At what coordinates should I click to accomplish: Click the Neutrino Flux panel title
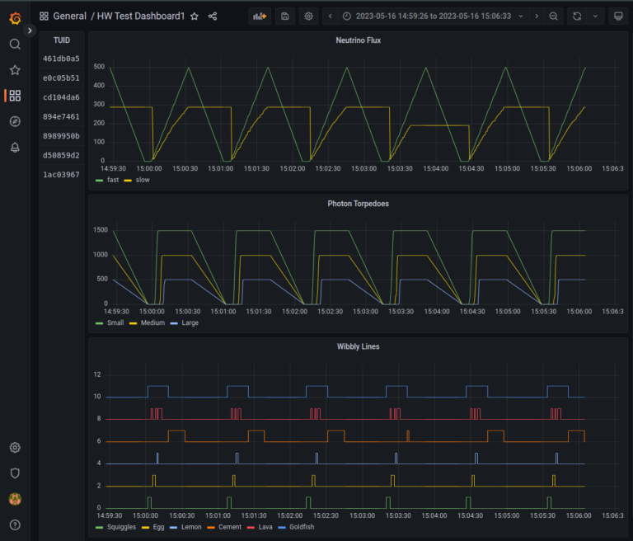tap(359, 40)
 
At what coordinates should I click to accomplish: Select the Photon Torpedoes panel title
tap(359, 203)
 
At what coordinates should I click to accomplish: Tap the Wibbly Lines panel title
tap(359, 346)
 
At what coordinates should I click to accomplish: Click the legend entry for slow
tap(142, 180)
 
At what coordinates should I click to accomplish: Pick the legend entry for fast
tap(112, 180)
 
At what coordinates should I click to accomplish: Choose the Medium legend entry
tap(152, 322)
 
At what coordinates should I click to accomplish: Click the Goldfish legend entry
tap(301, 526)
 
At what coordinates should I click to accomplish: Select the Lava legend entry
tap(263, 526)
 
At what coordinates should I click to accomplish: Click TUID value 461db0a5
tap(61, 59)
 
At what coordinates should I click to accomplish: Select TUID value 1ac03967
tap(61, 174)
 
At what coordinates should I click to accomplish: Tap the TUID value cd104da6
tap(61, 97)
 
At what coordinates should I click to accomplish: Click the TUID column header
tap(61, 40)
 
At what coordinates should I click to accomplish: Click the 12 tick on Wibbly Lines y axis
tap(97, 374)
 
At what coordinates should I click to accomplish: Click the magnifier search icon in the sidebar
tap(15, 44)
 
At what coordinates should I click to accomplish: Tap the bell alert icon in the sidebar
tap(15, 148)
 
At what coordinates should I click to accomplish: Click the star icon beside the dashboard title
tap(195, 16)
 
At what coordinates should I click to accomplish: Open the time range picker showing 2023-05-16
tap(427, 16)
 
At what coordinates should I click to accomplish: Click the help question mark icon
tap(15, 525)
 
